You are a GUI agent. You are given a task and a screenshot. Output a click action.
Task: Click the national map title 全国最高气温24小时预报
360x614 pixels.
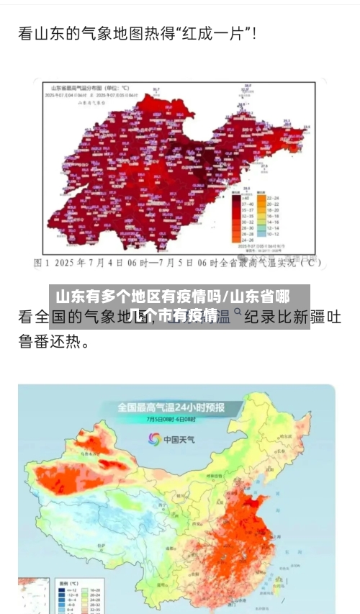click(171, 407)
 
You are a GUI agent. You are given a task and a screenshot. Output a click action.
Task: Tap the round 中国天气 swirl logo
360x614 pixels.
click(153, 438)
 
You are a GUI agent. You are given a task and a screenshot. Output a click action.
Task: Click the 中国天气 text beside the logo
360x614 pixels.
click(180, 439)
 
